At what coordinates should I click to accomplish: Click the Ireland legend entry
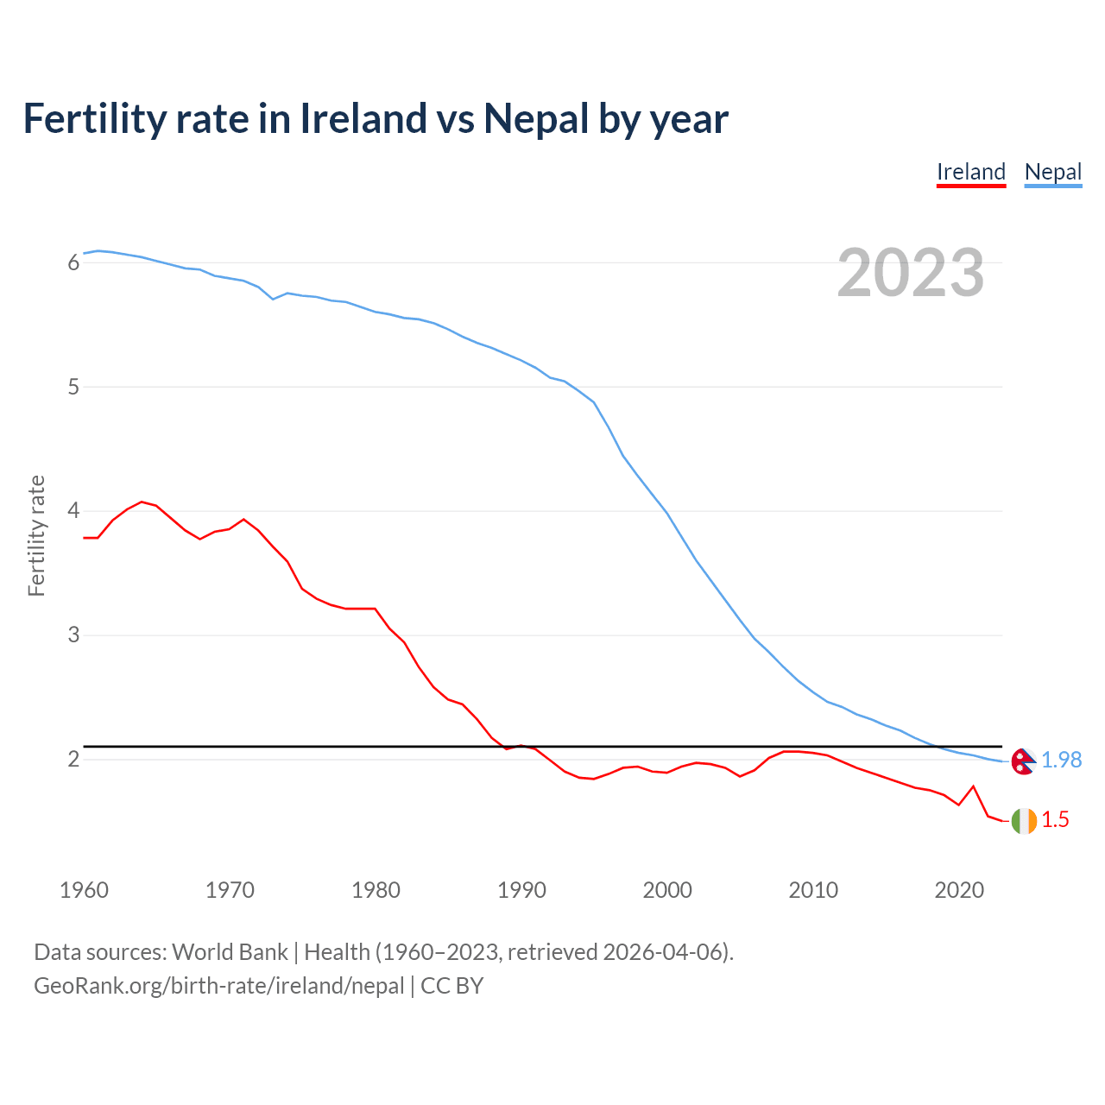[x=971, y=172]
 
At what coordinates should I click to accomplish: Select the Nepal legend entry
[x=1052, y=172]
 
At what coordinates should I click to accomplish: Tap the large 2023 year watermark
[x=910, y=273]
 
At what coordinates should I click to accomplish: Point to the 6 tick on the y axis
[x=73, y=262]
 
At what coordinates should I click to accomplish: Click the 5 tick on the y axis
[x=73, y=387]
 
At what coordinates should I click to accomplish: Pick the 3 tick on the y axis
[x=73, y=635]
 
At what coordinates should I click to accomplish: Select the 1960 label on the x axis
[x=84, y=890]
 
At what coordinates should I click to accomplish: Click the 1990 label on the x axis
[x=521, y=890]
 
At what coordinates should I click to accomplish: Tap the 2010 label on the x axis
[x=813, y=890]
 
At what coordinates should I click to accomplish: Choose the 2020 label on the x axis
[x=959, y=890]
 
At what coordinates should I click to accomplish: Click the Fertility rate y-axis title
[x=36, y=535]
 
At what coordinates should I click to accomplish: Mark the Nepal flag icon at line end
[x=1023, y=761]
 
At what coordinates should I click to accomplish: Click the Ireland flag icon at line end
[x=1023, y=820]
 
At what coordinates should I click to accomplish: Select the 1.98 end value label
[x=1061, y=760]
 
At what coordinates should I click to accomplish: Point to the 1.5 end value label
[x=1055, y=820]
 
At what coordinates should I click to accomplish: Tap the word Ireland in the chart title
[x=362, y=119]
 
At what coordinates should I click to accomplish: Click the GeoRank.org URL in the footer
[x=218, y=986]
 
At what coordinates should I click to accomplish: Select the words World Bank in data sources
[x=230, y=952]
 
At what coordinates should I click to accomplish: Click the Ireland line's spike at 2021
[x=974, y=786]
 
